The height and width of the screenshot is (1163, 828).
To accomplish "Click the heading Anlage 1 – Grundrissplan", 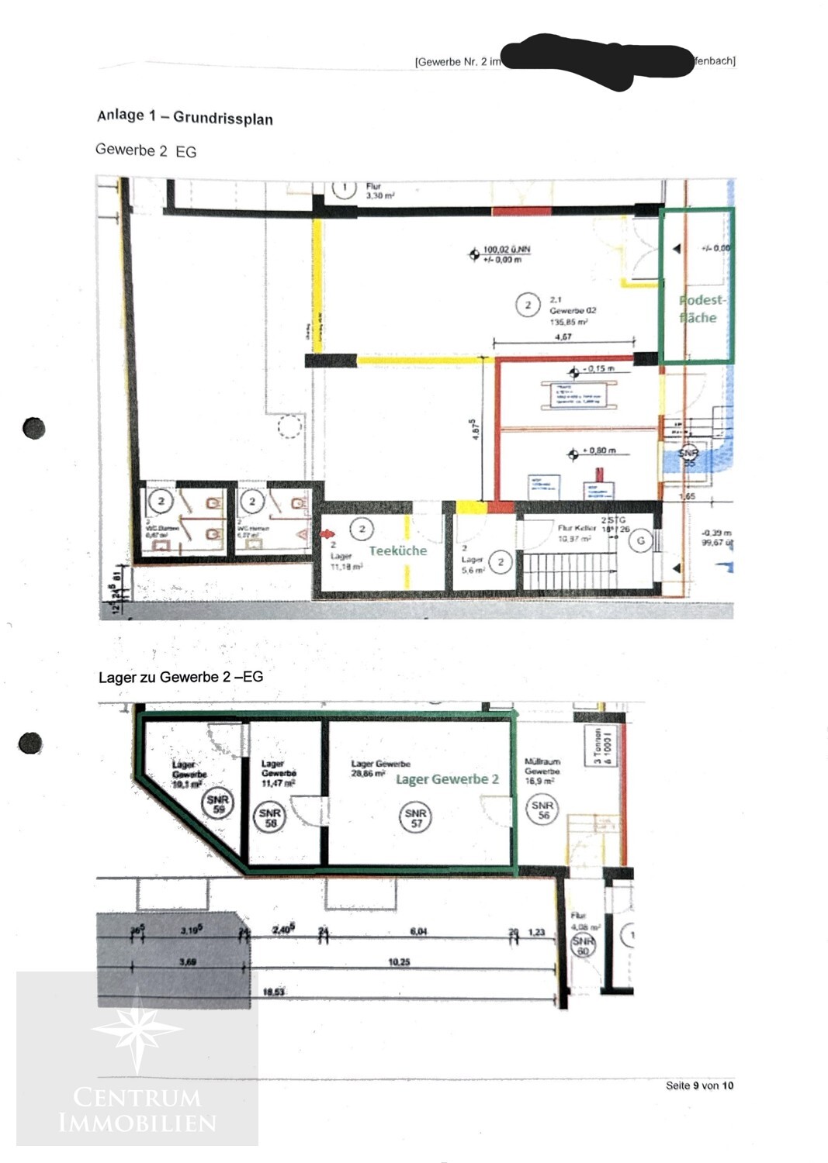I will click(x=185, y=117).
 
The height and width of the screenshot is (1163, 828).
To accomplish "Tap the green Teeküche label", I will click(x=397, y=550).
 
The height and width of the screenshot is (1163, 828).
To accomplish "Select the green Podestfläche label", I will click(x=701, y=309).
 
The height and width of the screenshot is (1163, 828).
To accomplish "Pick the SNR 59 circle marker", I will click(x=217, y=804).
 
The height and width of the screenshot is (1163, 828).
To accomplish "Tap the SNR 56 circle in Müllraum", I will click(x=542, y=810).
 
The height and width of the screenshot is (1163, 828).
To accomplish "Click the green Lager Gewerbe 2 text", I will click(x=447, y=779).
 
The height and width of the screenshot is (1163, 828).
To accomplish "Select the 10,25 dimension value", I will click(x=399, y=962).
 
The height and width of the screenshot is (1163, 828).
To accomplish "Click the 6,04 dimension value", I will click(x=418, y=931).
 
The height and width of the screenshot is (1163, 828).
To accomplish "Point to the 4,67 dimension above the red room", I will click(x=563, y=336).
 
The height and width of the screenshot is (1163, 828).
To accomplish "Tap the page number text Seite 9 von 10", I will click(x=698, y=1085).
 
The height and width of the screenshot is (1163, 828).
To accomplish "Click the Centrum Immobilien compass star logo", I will click(x=137, y=1030).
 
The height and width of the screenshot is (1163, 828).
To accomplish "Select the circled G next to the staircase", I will click(x=640, y=540).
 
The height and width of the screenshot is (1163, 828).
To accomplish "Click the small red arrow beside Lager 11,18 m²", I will click(x=329, y=533).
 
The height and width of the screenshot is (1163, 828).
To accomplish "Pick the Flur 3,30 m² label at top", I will click(x=379, y=192).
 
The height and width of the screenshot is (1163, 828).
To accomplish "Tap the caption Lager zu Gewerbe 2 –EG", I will click(x=181, y=677).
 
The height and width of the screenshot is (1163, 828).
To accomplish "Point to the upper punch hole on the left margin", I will click(x=34, y=428).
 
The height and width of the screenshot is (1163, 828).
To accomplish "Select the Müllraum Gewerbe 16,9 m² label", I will click(x=542, y=771).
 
